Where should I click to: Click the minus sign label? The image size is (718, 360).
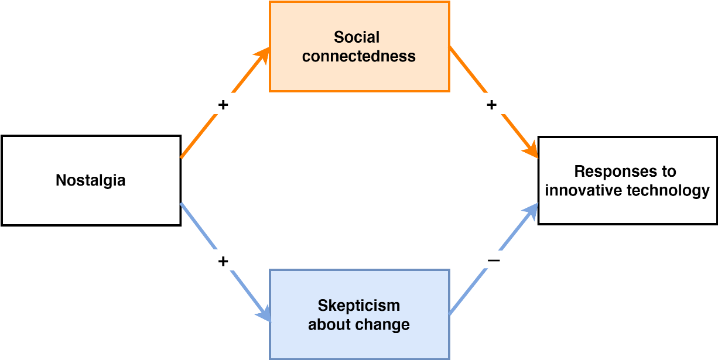[x=494, y=259]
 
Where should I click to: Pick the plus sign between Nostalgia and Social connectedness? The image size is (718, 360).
[x=223, y=105]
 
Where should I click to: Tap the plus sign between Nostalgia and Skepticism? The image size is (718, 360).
[x=223, y=260]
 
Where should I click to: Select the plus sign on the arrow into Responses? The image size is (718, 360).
[x=491, y=104]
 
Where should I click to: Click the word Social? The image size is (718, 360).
[x=357, y=37]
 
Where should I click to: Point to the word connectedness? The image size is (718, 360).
[x=359, y=56]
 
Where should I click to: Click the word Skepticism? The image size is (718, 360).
[x=359, y=306]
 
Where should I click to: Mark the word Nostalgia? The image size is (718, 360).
[x=91, y=180]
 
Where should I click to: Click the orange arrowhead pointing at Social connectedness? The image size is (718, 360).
[x=264, y=55]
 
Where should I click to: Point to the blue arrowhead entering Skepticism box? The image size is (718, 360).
[x=264, y=314]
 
